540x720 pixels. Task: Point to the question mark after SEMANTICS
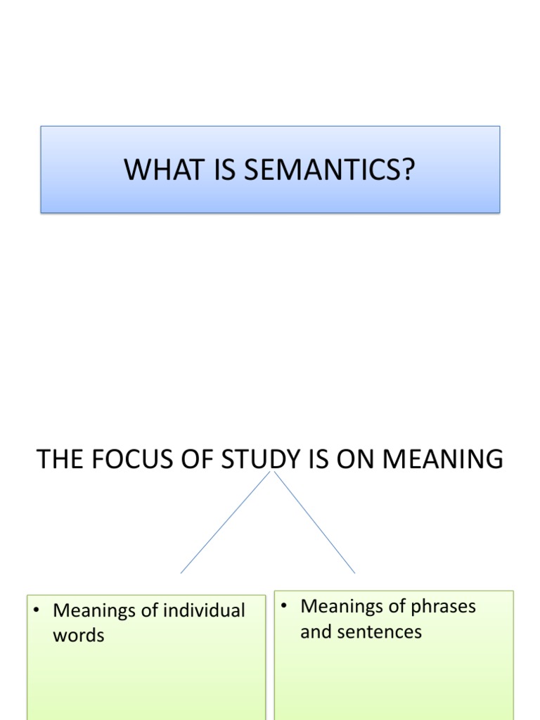pos(408,170)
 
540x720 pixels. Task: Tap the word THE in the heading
pos(56,459)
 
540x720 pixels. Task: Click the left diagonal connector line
pos(225,522)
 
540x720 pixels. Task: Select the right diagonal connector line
pos(315,522)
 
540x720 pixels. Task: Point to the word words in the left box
pos(79,636)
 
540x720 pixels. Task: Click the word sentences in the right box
pos(379,631)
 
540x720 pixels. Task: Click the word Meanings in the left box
pos(95,610)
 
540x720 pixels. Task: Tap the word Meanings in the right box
pos(342,606)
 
